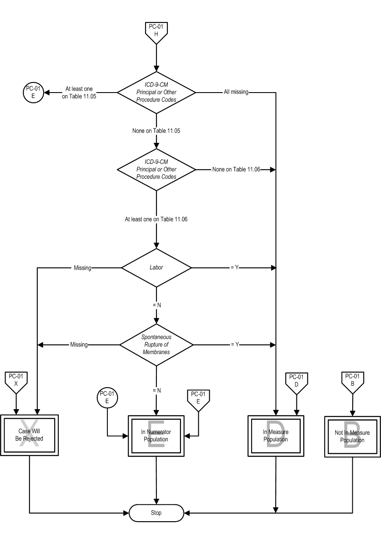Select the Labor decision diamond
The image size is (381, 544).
pos(156,268)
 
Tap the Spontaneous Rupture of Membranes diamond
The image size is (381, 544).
pos(156,344)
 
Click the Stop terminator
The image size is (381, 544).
pos(156,513)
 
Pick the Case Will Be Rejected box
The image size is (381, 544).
pos(30,435)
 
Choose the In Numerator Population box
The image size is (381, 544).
pos(156,436)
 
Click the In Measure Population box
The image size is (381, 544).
pos(276,436)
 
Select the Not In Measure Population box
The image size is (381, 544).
pos(352,436)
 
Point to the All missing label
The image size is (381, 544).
pos(236,92)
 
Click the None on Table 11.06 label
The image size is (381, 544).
pos(236,169)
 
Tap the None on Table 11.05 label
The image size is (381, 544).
pos(156,131)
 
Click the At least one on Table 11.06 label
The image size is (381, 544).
pos(156,219)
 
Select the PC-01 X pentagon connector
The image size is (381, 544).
pos(16,382)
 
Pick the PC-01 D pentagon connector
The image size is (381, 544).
pos(296,383)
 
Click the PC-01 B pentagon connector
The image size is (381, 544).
pos(353,382)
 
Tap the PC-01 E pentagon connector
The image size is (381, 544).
pos(198,400)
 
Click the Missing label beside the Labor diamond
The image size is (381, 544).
pos(82,268)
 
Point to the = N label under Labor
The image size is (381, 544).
pos(157,305)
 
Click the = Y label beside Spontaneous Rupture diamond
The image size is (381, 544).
pos(235,344)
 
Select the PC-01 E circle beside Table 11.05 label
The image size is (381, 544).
pos(33,93)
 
